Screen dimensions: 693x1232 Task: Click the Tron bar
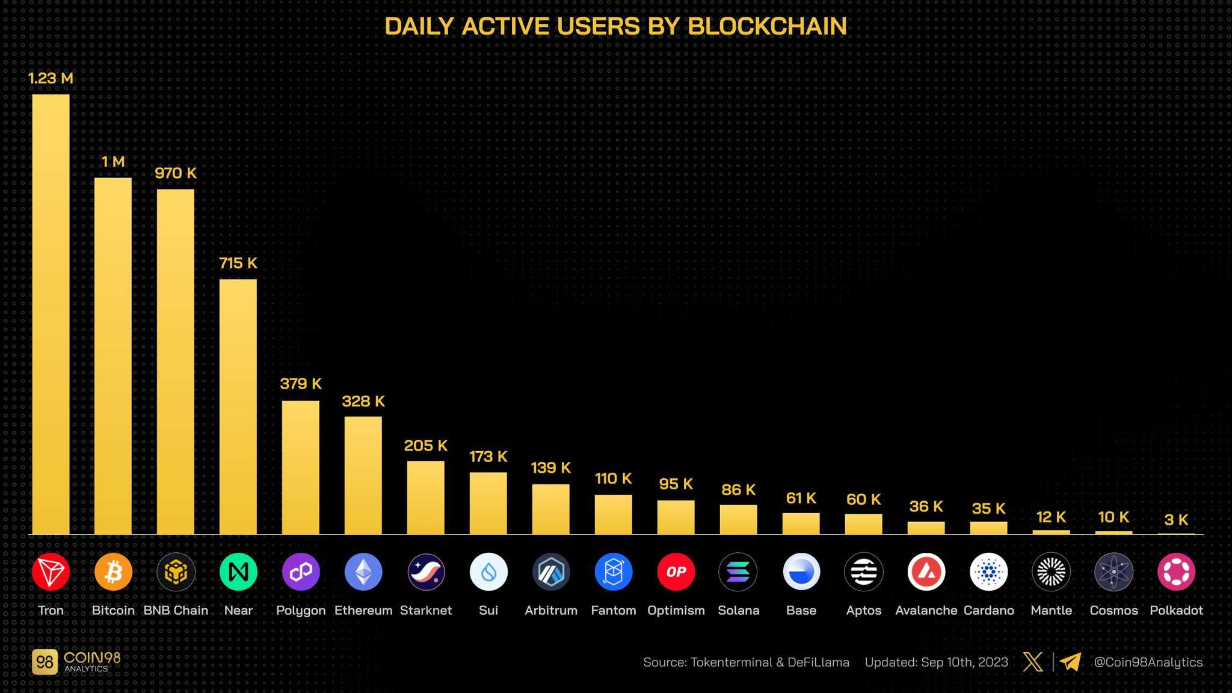[x=51, y=313]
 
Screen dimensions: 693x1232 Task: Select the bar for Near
[x=238, y=406]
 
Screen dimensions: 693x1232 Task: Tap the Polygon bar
[x=301, y=467]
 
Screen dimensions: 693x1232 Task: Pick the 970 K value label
[x=176, y=173]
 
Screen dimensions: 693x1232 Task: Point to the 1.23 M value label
[x=51, y=78]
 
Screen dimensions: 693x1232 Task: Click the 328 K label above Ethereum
[x=363, y=401]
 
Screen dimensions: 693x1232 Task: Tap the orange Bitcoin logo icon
[x=113, y=571]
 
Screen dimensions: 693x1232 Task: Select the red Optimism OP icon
[x=676, y=571]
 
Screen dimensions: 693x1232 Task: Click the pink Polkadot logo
[x=1176, y=571]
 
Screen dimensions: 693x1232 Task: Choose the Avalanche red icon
[x=926, y=571]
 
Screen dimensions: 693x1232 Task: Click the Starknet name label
[x=426, y=610]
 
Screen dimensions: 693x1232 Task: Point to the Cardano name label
[x=989, y=610]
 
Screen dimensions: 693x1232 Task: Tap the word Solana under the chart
[x=739, y=610]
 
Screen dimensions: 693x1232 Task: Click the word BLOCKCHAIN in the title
[x=767, y=26]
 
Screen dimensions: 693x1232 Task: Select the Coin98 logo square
[x=45, y=662]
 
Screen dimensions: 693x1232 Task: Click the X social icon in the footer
[x=1033, y=662]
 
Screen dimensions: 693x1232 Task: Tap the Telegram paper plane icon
[x=1071, y=662]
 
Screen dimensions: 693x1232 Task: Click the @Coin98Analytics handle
[x=1148, y=662]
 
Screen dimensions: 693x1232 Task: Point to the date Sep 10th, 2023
[x=964, y=662]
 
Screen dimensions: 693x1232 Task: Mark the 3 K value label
[x=1176, y=520]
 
